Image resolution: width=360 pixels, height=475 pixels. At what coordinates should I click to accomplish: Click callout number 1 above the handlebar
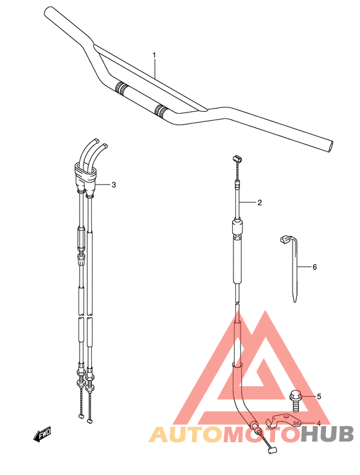[x=154, y=55]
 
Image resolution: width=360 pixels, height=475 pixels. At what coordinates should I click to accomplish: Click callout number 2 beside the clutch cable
[x=260, y=202]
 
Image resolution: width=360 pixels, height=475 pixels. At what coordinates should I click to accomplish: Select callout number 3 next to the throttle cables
[x=114, y=184]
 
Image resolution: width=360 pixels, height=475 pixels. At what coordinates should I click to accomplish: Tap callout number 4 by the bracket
[x=318, y=423]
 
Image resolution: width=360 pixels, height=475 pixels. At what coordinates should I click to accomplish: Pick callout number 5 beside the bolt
[x=319, y=396]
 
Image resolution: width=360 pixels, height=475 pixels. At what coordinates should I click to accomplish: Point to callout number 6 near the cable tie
[x=314, y=267]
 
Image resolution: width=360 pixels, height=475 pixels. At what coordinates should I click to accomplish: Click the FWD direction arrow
[x=42, y=435]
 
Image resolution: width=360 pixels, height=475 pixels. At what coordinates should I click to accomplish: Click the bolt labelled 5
[x=296, y=401]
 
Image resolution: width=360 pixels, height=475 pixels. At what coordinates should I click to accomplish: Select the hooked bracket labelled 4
[x=283, y=421]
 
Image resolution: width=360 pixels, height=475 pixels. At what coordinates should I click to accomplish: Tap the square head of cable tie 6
[x=284, y=240]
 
